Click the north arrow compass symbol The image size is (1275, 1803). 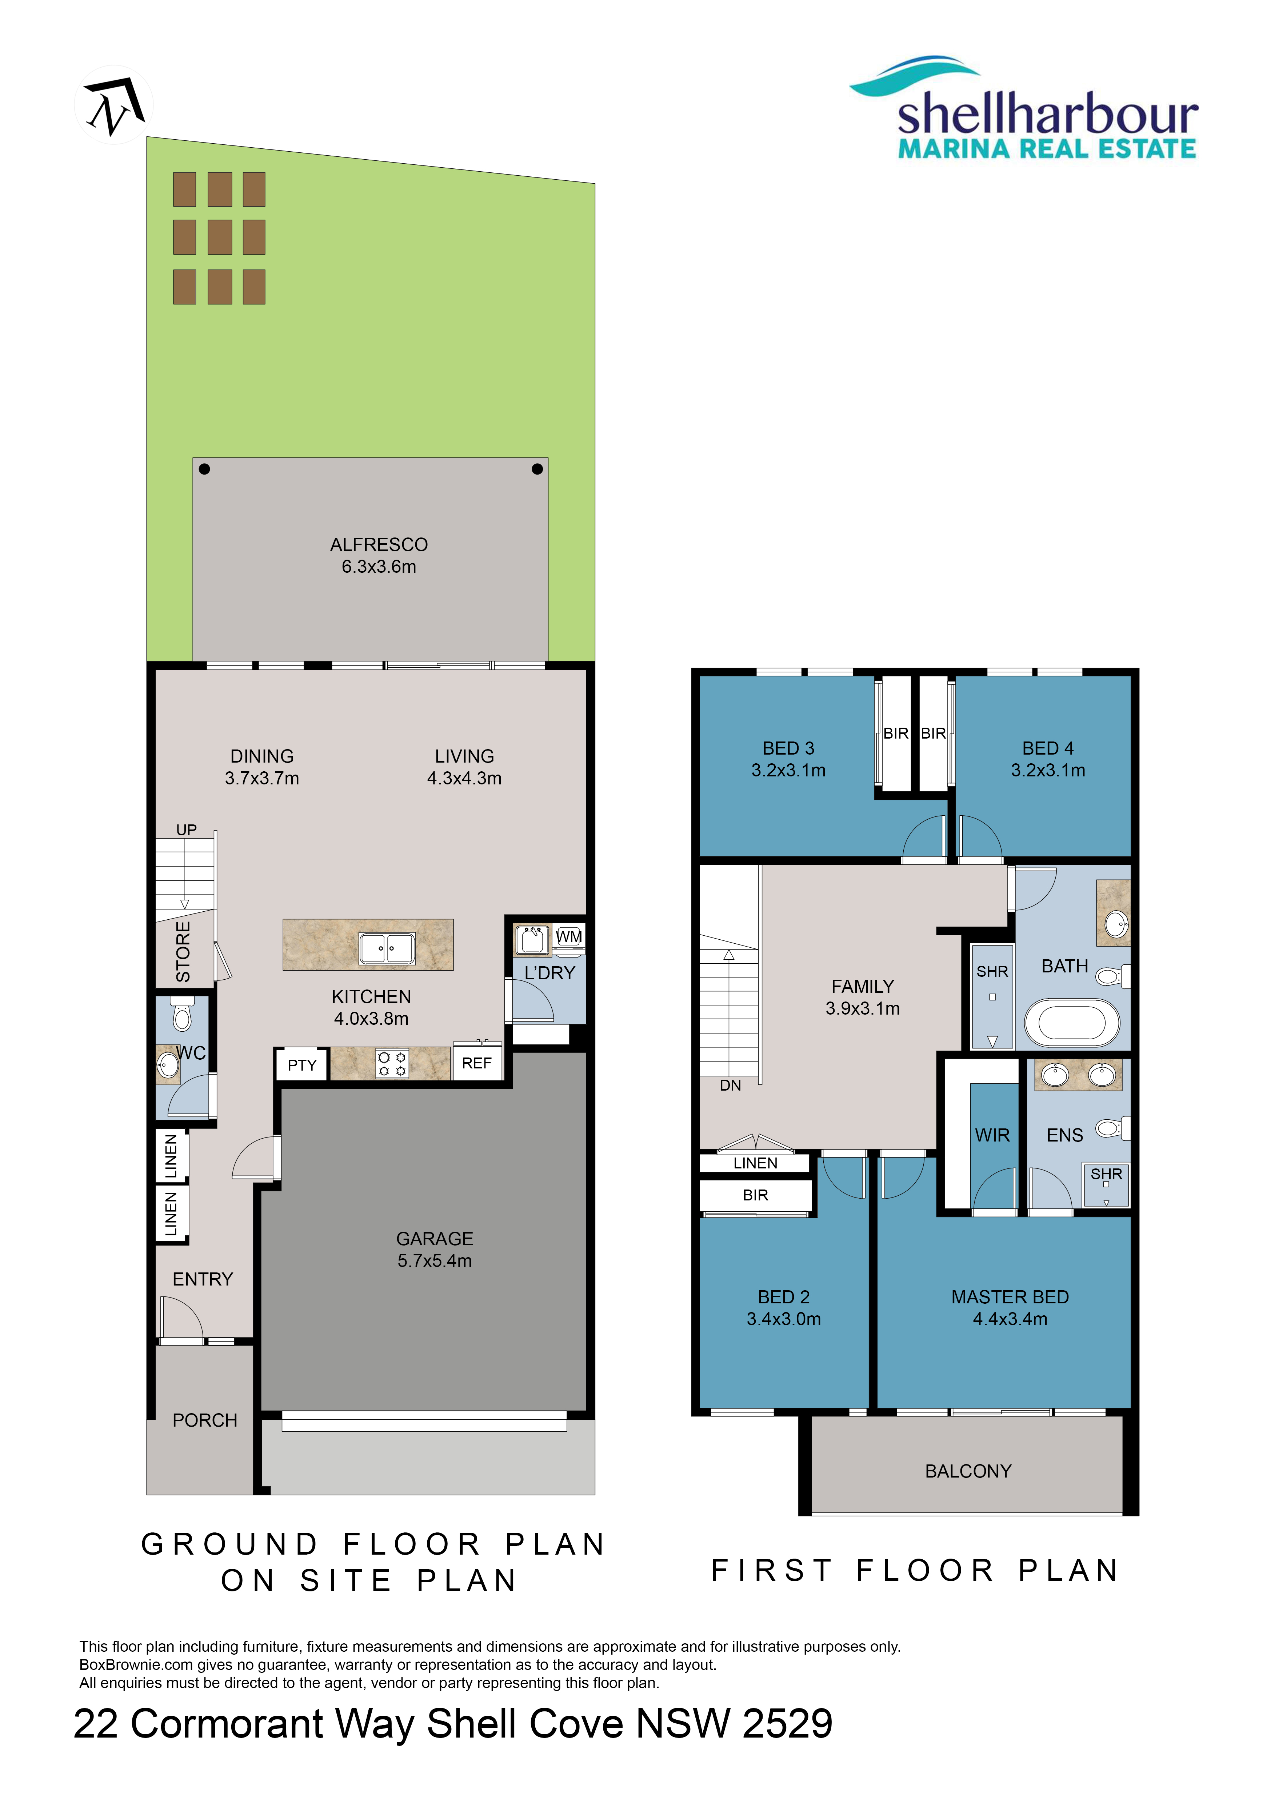[114, 104]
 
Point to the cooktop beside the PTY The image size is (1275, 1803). [392, 1064]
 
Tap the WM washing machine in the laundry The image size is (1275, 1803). [568, 937]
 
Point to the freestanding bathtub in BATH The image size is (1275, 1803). [1072, 1023]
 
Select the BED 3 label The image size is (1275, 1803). [788, 748]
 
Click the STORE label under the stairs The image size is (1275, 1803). [183, 952]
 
